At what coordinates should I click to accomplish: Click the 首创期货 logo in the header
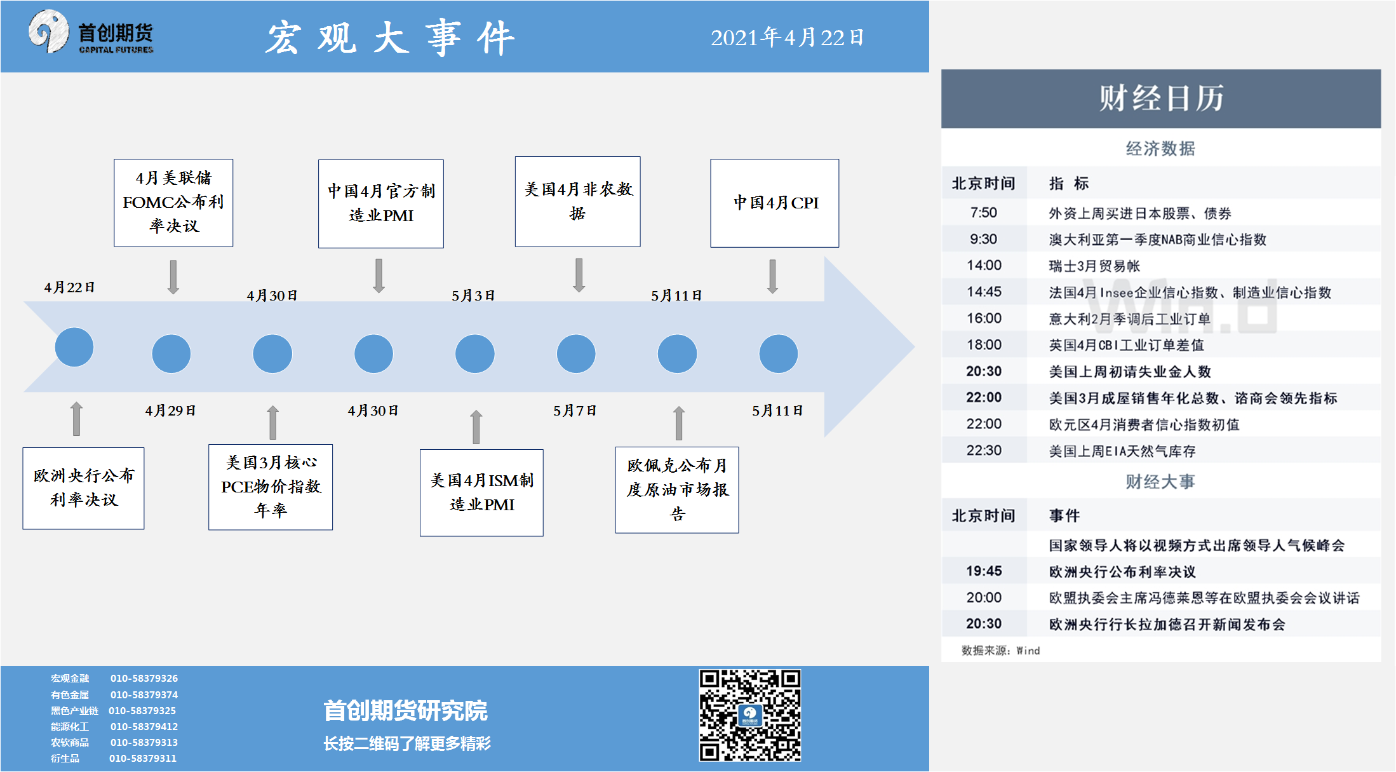point(91,32)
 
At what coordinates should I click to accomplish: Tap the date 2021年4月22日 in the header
point(787,37)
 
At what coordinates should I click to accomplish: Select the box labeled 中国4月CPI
point(774,203)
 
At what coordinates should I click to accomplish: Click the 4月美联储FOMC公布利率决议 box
point(173,203)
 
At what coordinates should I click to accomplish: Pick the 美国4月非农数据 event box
point(577,201)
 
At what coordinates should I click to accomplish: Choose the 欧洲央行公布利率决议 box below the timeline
point(83,488)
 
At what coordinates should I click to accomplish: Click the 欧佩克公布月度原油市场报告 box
point(677,490)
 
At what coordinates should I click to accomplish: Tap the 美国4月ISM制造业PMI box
point(481,492)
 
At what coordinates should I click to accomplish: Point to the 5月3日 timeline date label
point(473,295)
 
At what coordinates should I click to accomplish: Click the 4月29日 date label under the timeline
point(170,410)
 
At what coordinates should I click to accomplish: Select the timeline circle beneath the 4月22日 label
point(74,347)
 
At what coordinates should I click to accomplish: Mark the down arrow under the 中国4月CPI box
point(772,276)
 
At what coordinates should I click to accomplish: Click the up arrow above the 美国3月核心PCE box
point(272,423)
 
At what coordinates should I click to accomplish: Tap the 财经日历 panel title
point(1161,98)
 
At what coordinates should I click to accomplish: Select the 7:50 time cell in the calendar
point(983,213)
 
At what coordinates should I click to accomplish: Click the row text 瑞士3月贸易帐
point(1094,266)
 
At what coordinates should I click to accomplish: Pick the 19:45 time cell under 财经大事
point(984,571)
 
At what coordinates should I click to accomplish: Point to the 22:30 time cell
point(984,450)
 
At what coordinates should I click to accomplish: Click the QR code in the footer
point(750,715)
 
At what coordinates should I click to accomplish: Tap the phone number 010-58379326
point(144,678)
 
